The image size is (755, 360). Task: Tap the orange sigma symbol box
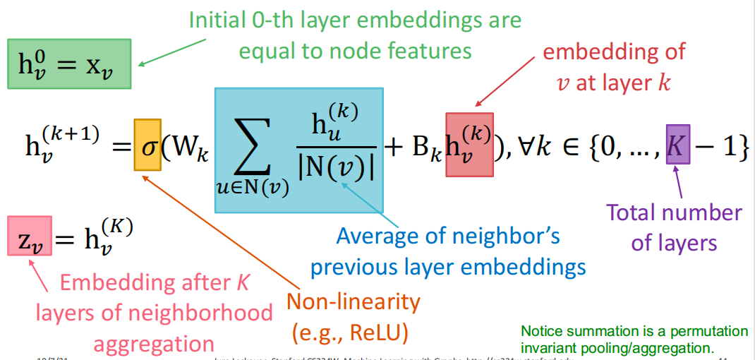147,150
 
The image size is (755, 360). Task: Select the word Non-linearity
353,303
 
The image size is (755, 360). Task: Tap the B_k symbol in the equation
428,150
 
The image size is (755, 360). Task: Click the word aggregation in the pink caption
154,344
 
